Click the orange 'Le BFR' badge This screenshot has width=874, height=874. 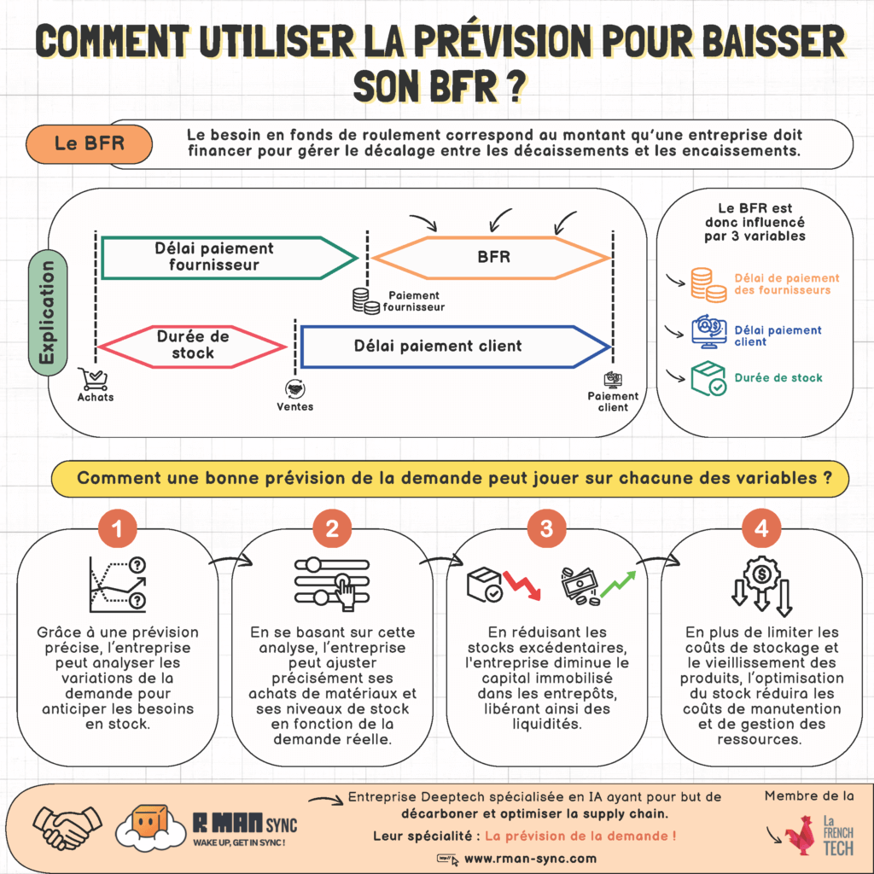[90, 143]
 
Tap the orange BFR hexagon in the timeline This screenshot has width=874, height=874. [491, 256]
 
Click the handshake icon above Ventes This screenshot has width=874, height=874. [294, 388]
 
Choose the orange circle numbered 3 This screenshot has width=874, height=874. [546, 529]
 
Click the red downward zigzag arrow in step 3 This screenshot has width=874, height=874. [521, 584]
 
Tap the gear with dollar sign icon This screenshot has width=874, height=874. [761, 574]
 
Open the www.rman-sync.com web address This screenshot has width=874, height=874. [530, 859]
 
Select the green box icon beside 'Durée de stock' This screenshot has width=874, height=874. [708, 378]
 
